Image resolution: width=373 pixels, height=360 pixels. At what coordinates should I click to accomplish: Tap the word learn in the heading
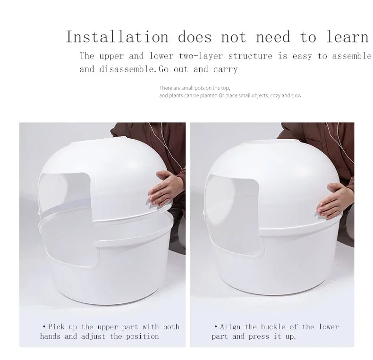click(347, 37)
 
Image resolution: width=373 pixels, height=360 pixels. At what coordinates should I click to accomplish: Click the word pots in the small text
click(200, 88)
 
